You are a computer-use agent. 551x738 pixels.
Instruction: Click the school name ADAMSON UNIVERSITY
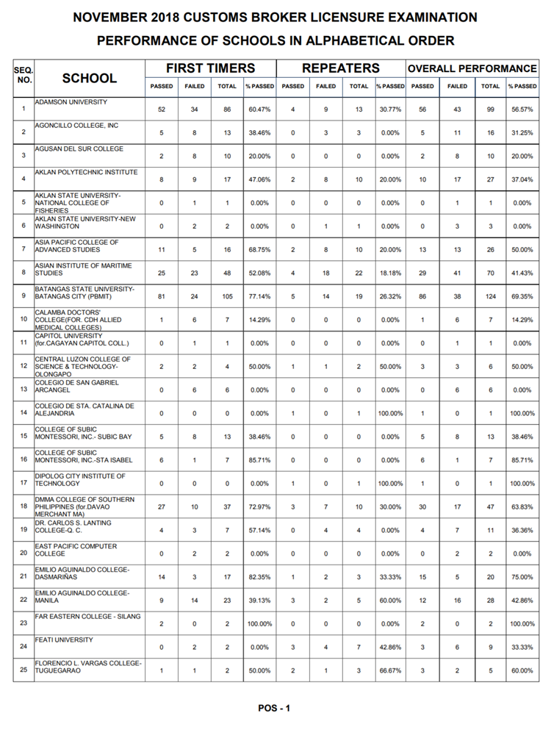click(x=71, y=101)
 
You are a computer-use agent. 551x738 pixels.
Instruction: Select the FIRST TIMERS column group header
click(x=210, y=68)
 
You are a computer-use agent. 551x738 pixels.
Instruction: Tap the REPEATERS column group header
click(x=341, y=68)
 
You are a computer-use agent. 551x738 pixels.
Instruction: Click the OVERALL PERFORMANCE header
click(x=472, y=68)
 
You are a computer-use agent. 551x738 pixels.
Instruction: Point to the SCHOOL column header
click(x=89, y=78)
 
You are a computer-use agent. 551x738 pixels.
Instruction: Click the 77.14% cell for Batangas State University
click(x=260, y=296)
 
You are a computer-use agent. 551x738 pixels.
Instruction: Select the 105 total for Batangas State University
click(x=227, y=296)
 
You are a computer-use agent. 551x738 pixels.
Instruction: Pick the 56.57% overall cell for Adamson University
click(x=522, y=109)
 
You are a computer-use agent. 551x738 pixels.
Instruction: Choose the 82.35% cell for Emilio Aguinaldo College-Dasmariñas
click(x=260, y=577)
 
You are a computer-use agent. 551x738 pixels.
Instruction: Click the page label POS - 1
click(x=275, y=709)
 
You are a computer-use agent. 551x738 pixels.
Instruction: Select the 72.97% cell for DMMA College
click(x=260, y=506)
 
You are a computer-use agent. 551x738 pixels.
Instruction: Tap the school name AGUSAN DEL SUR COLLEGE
click(x=79, y=148)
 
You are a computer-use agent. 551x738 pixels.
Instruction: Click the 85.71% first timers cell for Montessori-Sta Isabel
click(x=260, y=460)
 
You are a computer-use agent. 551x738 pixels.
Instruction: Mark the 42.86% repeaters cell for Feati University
click(x=390, y=647)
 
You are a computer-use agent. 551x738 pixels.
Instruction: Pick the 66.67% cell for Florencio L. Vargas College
click(x=390, y=670)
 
